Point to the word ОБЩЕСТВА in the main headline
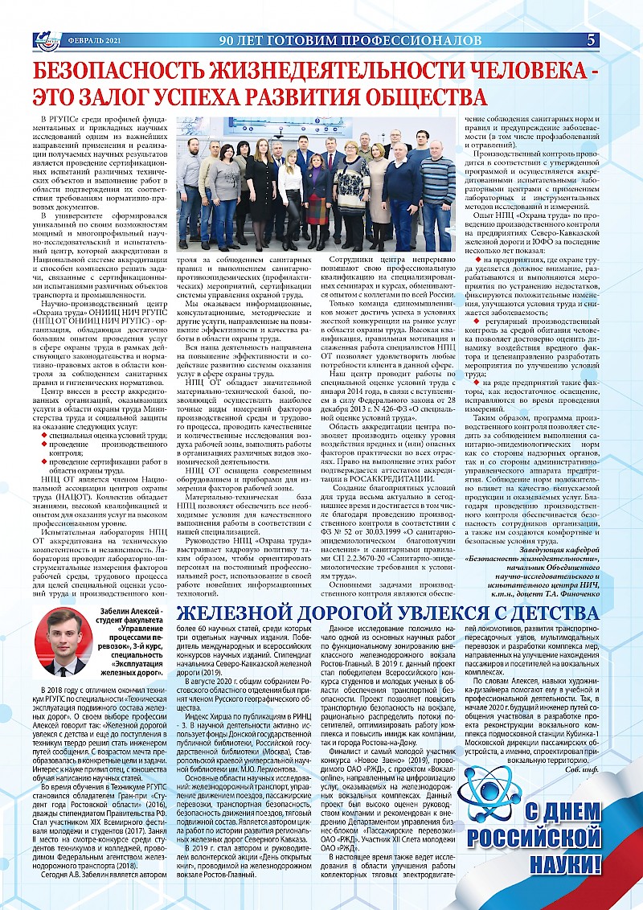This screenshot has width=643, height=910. click(409, 97)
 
